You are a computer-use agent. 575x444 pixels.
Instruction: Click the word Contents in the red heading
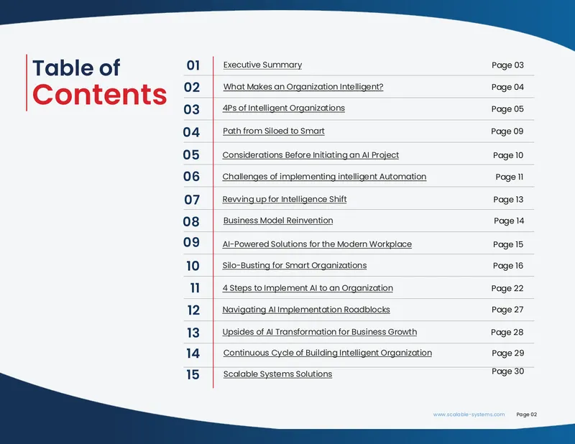tap(99, 95)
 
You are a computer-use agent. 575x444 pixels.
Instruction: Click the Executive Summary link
tap(262, 65)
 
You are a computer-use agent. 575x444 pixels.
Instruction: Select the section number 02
tap(192, 87)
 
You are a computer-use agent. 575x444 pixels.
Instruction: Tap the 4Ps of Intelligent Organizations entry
tap(284, 108)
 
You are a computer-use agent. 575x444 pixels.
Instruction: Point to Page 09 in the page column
tap(507, 131)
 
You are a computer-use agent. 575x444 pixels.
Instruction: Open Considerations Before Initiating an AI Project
tap(310, 155)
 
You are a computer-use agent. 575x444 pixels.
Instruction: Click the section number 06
tap(191, 176)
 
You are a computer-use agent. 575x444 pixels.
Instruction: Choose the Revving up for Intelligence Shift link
tap(285, 199)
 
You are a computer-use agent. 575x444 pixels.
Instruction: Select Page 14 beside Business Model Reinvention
tap(509, 221)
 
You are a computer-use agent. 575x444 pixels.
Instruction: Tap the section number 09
tap(191, 242)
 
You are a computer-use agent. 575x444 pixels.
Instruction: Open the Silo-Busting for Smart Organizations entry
tap(295, 265)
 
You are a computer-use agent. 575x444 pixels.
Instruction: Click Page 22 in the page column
tap(507, 288)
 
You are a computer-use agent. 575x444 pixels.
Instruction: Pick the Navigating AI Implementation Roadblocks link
tap(306, 310)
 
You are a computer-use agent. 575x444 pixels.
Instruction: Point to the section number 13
tap(193, 333)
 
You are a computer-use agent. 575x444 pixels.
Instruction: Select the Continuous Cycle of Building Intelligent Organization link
tap(328, 353)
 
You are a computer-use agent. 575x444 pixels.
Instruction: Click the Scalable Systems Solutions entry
tap(277, 374)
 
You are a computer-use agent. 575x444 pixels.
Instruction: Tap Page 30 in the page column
tap(508, 371)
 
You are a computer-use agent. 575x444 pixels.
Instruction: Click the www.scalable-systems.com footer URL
tap(469, 415)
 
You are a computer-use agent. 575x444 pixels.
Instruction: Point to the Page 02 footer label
tap(527, 415)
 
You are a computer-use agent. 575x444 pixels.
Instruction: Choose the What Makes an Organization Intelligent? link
tap(303, 87)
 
